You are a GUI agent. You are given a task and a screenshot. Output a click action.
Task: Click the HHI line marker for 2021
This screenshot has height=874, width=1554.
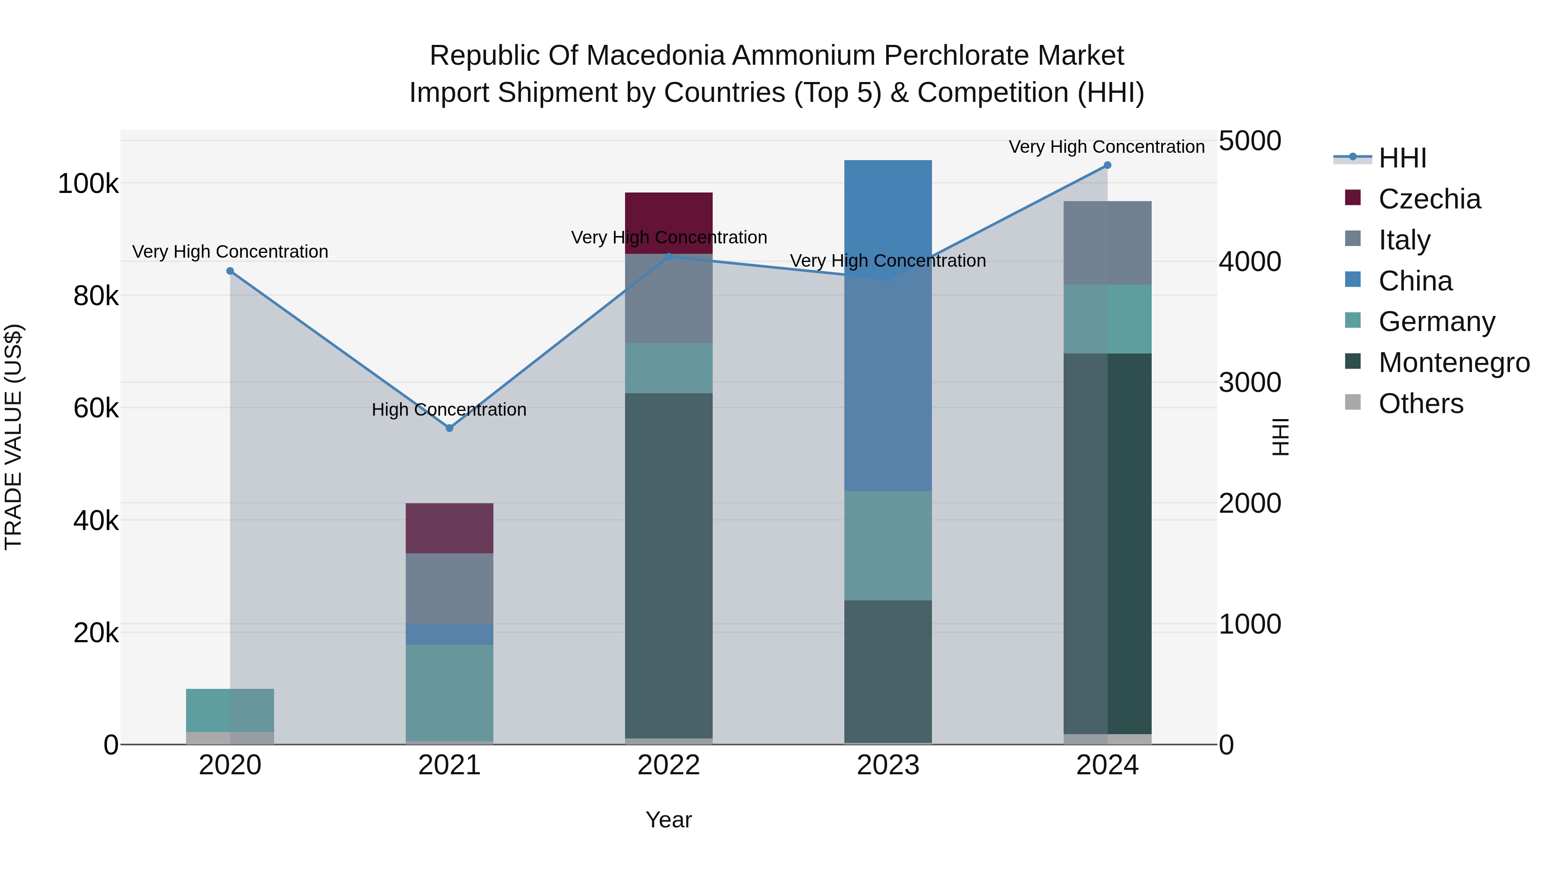tap(449, 428)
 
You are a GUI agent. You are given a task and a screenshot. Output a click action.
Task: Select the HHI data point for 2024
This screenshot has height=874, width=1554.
tap(1107, 165)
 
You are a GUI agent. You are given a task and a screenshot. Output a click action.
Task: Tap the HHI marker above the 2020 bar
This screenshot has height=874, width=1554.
tap(230, 271)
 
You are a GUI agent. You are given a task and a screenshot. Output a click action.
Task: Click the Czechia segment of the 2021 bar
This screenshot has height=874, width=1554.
tap(449, 528)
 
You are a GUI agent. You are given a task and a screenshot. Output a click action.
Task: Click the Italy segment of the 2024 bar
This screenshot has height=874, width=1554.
tap(1107, 243)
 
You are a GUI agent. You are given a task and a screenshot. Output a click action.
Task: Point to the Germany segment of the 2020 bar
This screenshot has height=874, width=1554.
tap(230, 710)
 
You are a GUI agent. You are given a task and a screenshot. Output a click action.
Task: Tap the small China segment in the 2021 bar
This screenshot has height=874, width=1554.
tap(449, 634)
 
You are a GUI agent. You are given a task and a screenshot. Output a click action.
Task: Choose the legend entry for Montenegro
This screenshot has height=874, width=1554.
tap(1454, 363)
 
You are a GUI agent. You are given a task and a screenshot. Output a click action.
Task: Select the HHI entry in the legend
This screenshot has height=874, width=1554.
tap(1402, 158)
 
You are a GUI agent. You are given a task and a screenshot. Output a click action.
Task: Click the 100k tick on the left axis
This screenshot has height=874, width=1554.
tap(88, 183)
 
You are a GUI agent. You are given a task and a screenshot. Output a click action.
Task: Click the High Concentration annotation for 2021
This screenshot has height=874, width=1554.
tap(449, 410)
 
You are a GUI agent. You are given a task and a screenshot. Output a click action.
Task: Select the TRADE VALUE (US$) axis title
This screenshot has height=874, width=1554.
tap(13, 437)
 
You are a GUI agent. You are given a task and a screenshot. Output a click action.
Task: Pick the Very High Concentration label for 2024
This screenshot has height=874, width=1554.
tap(1106, 147)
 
